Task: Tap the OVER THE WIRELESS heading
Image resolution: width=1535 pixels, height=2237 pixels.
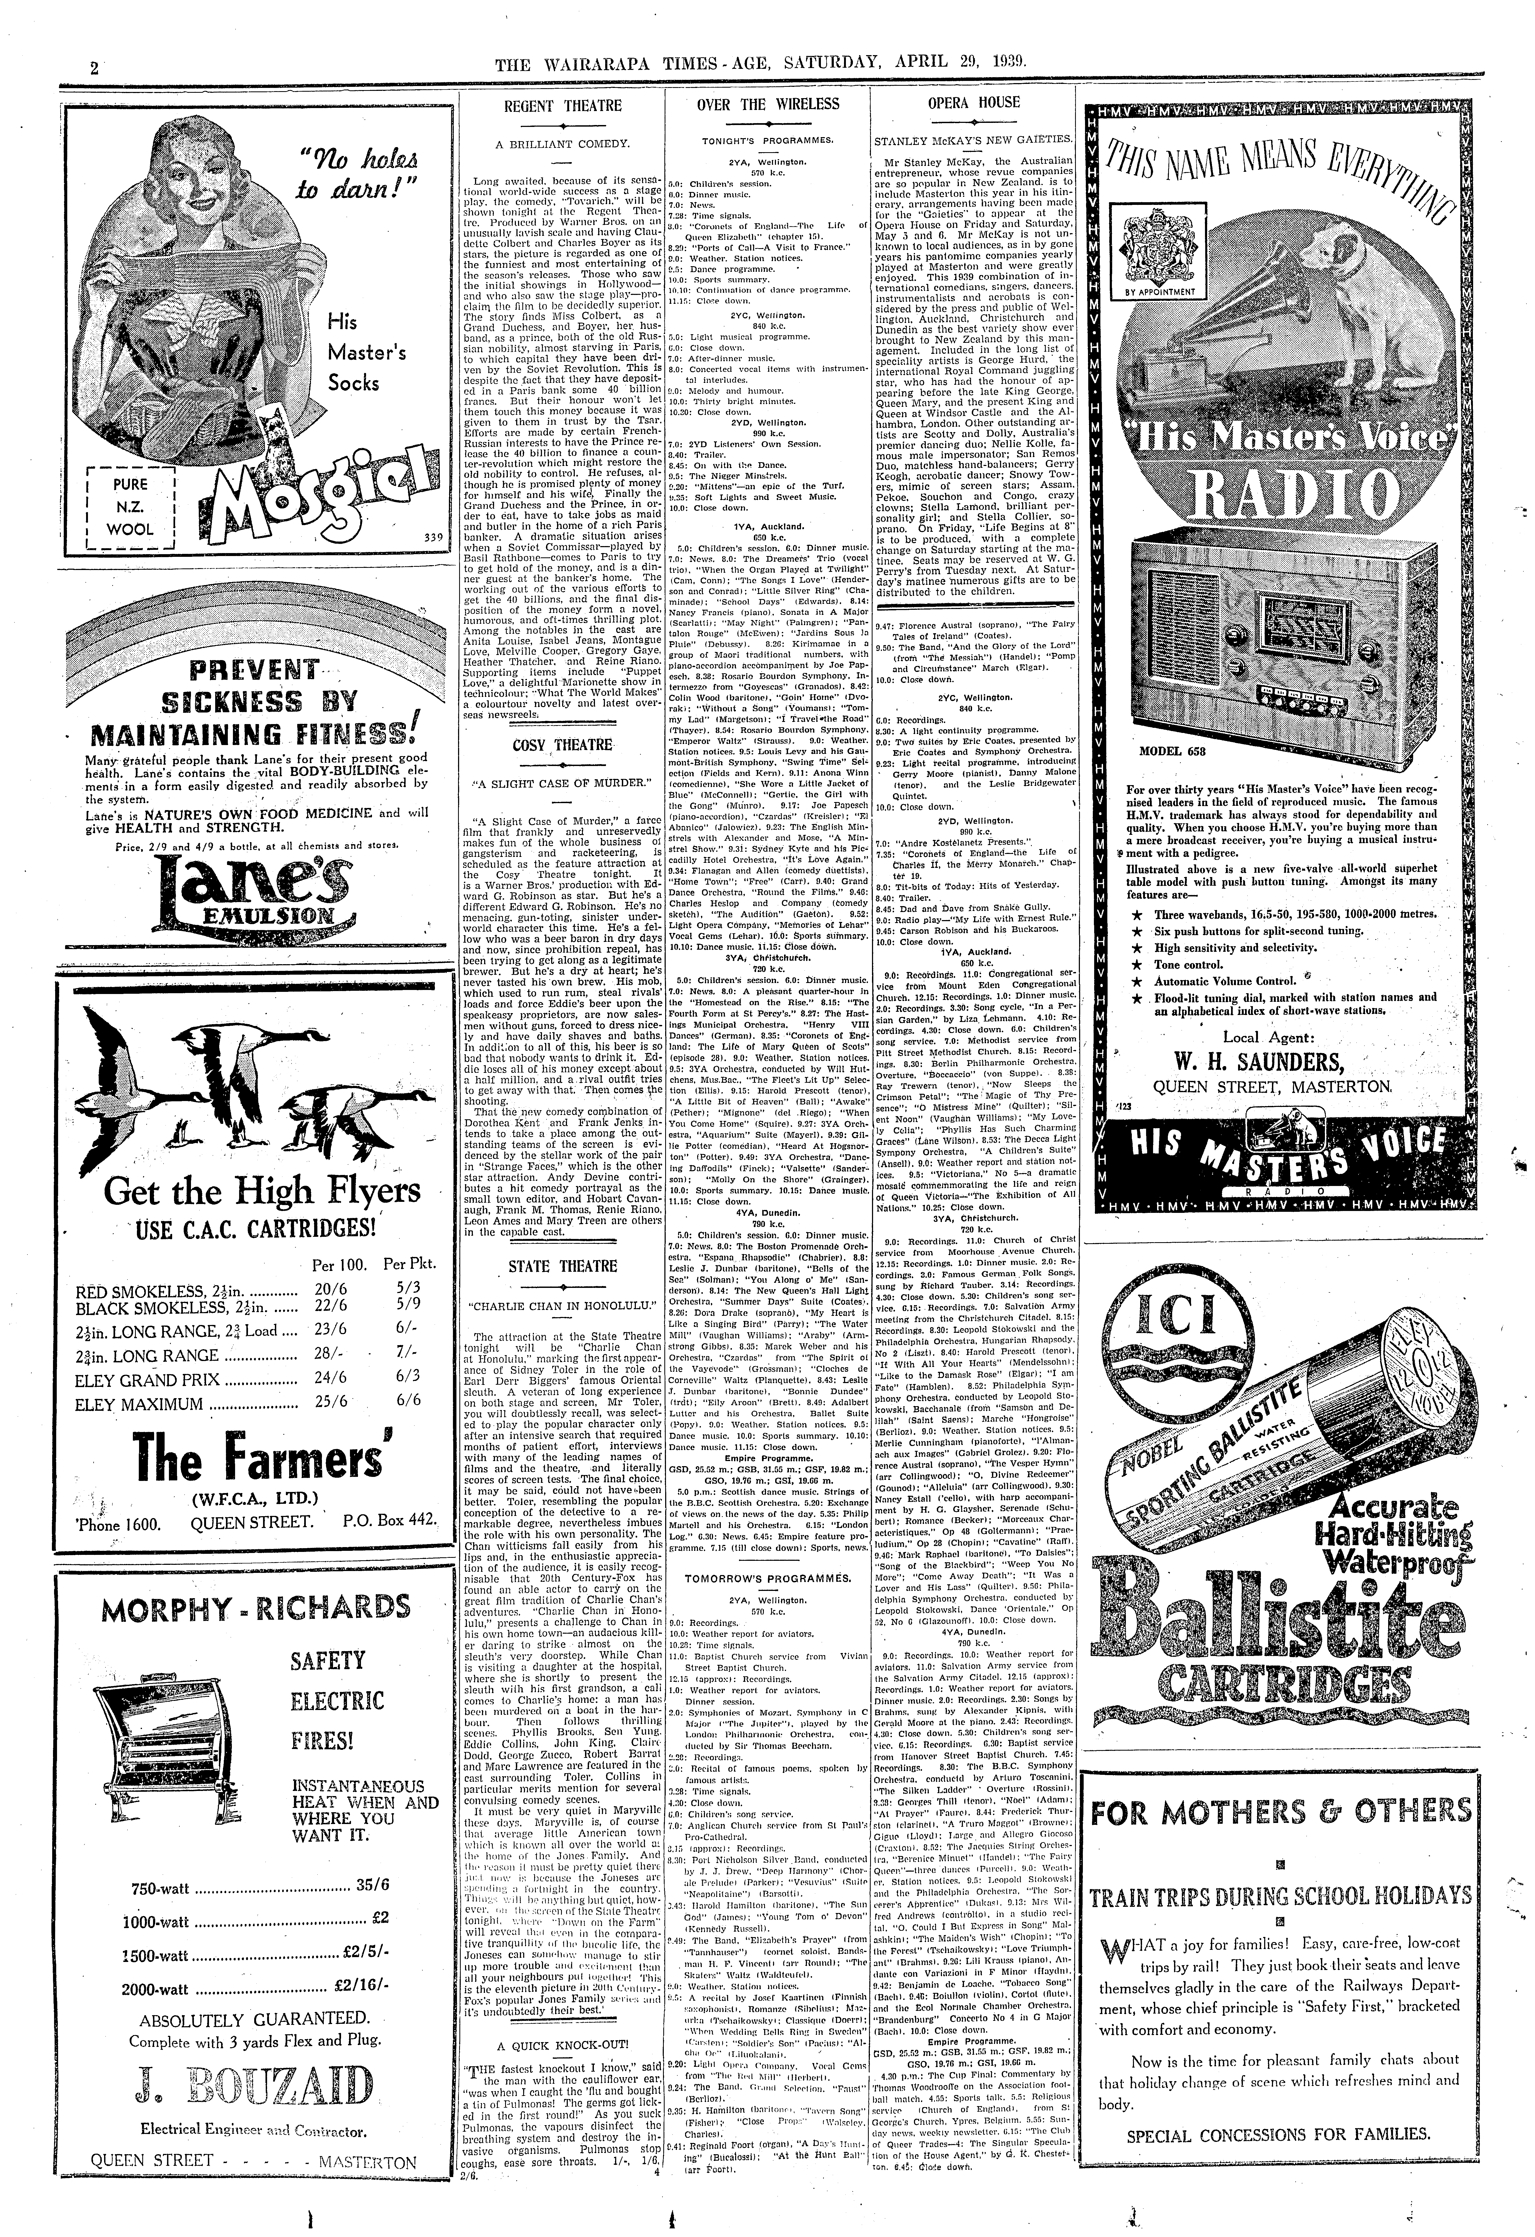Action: (x=768, y=104)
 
